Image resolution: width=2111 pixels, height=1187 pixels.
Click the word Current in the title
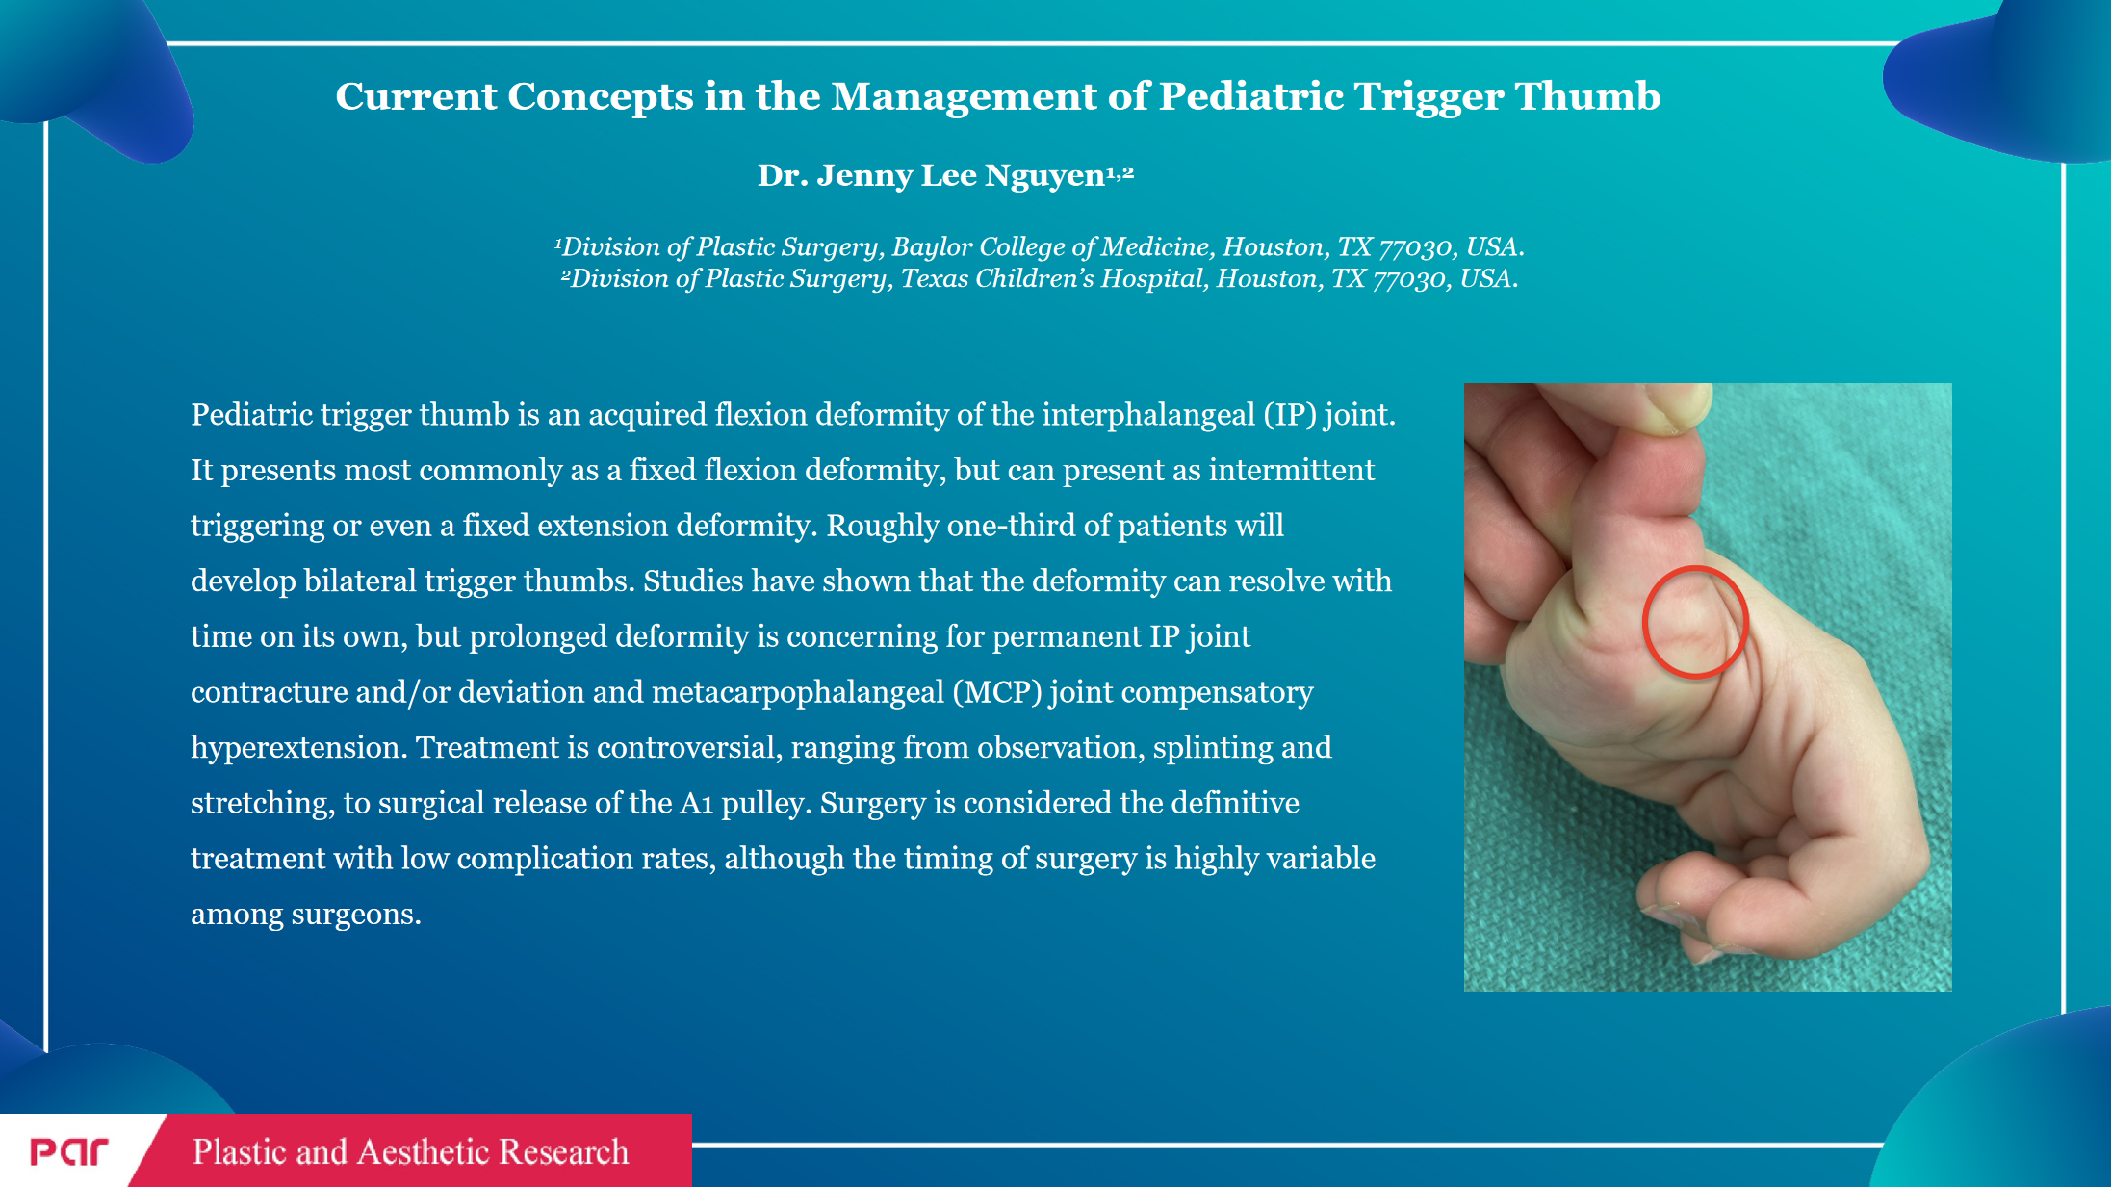pyautogui.click(x=416, y=96)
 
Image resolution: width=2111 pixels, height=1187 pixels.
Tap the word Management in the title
pyautogui.click(x=964, y=96)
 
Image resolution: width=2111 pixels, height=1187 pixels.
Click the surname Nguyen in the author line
pyautogui.click(x=1044, y=176)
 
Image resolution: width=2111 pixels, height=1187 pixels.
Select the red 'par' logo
pyautogui.click(x=69, y=1151)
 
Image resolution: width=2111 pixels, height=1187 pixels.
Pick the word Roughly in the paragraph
pyautogui.click(x=883, y=526)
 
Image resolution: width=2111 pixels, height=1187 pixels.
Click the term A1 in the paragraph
pyautogui.click(x=696, y=803)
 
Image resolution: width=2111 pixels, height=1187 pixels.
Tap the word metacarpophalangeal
pyautogui.click(x=798, y=692)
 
